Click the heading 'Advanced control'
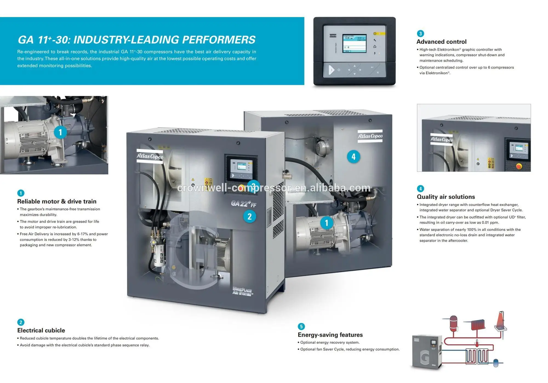(441, 42)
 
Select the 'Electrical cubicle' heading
(41, 330)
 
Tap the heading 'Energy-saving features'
(330, 335)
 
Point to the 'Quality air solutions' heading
(446, 197)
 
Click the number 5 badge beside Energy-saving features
(301, 326)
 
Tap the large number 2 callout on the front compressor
(249, 217)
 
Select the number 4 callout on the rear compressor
(353, 157)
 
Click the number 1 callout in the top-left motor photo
(60, 133)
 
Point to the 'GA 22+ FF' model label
(243, 204)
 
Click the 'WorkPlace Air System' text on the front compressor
(242, 291)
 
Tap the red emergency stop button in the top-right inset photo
(519, 166)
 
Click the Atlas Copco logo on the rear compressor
(370, 136)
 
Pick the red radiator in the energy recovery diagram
(478, 325)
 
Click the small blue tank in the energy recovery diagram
(496, 363)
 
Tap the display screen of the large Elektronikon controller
(354, 44)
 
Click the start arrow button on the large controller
(331, 70)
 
